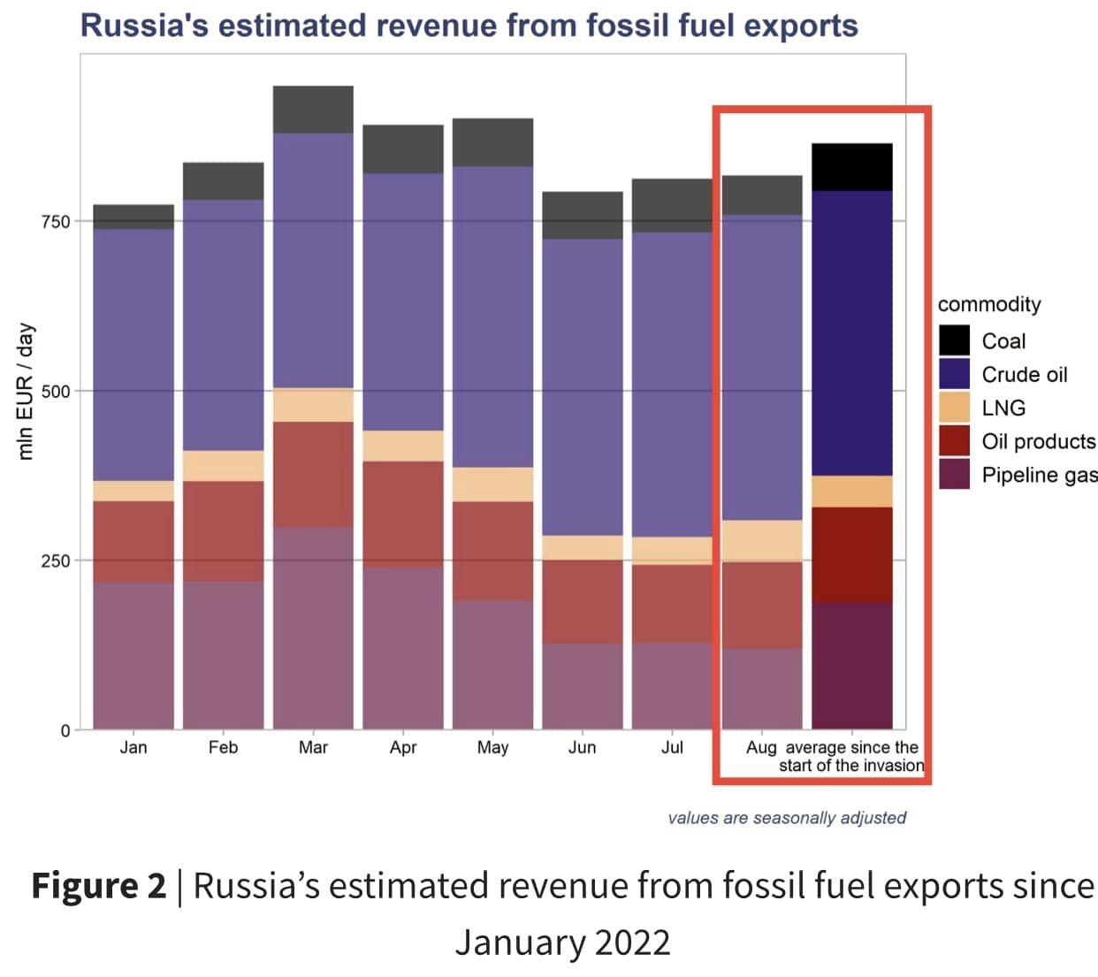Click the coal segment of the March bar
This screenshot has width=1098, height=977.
tap(313, 110)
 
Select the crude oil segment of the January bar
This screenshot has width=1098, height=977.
tap(133, 354)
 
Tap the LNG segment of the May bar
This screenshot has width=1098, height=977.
tap(492, 485)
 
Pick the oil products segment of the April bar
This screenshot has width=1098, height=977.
tap(403, 514)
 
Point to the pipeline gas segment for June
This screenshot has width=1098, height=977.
tap(582, 686)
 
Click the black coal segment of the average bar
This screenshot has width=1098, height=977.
tap(851, 167)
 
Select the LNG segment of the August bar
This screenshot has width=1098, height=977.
tap(762, 540)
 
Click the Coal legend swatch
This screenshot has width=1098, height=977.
tap(955, 340)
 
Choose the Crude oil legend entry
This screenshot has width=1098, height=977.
tap(1024, 375)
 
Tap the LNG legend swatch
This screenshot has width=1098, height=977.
tap(955, 408)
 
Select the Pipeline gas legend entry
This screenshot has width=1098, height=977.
tap(1039, 475)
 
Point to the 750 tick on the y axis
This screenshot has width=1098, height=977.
tap(55, 221)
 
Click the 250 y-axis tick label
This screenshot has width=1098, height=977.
tap(55, 561)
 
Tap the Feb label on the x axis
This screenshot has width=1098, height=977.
tap(223, 748)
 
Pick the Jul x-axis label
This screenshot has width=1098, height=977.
tap(672, 748)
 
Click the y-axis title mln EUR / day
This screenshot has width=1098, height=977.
tap(26, 391)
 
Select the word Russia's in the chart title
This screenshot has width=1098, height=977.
tap(144, 26)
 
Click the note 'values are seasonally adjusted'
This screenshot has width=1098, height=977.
tap(787, 818)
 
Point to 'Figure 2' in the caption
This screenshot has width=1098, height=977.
tap(98, 886)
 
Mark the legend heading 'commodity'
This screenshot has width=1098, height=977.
tap(989, 304)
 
